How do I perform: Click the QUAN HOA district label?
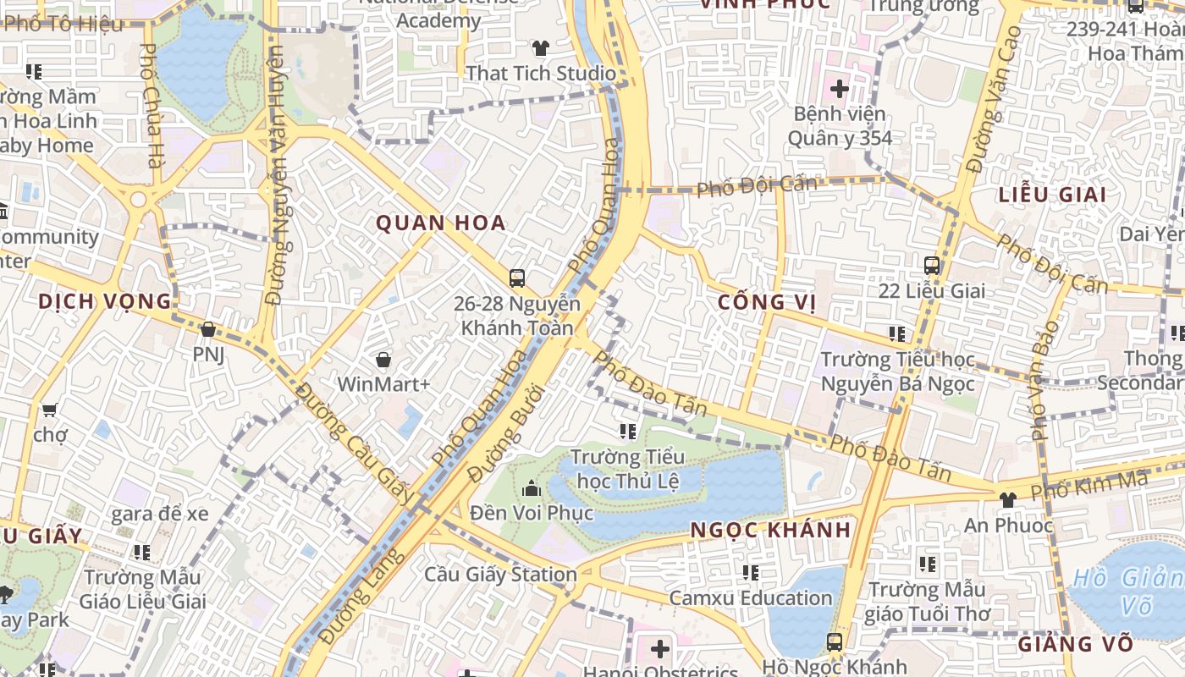(x=441, y=223)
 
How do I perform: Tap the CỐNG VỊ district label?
(x=767, y=303)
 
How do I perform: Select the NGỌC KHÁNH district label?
(x=770, y=531)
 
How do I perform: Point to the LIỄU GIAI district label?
(x=1052, y=195)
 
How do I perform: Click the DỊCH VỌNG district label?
(x=105, y=301)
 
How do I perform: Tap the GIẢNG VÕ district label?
(x=1075, y=644)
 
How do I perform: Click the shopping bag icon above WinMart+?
(x=383, y=360)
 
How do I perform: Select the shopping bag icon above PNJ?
(x=208, y=329)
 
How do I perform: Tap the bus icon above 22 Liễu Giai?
(x=932, y=266)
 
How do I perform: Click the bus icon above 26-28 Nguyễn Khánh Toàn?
(x=517, y=278)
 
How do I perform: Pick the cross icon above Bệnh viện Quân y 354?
(x=839, y=88)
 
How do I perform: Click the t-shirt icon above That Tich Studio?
(x=540, y=48)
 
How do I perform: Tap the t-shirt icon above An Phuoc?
(x=1007, y=500)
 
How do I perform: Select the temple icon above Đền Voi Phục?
(x=532, y=488)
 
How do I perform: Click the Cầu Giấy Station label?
(x=500, y=575)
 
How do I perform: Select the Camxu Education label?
(x=751, y=597)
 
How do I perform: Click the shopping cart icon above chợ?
(x=49, y=410)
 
